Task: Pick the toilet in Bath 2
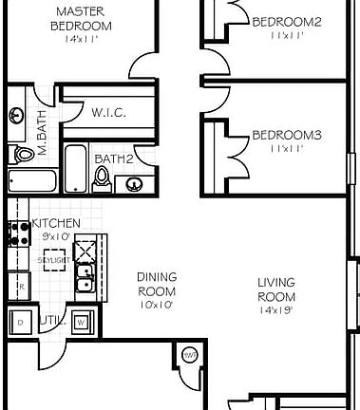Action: (103, 177)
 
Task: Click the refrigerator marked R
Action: (18, 284)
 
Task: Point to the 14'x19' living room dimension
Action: (275, 309)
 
